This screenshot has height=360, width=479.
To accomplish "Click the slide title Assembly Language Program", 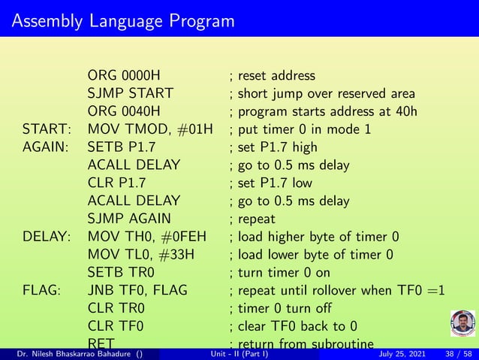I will point(123,20).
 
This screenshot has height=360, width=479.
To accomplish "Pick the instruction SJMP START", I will point(130,94).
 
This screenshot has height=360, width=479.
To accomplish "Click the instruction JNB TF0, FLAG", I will point(137,291).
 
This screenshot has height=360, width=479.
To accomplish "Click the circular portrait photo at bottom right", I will point(461,324).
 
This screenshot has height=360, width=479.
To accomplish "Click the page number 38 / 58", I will point(458,353).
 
